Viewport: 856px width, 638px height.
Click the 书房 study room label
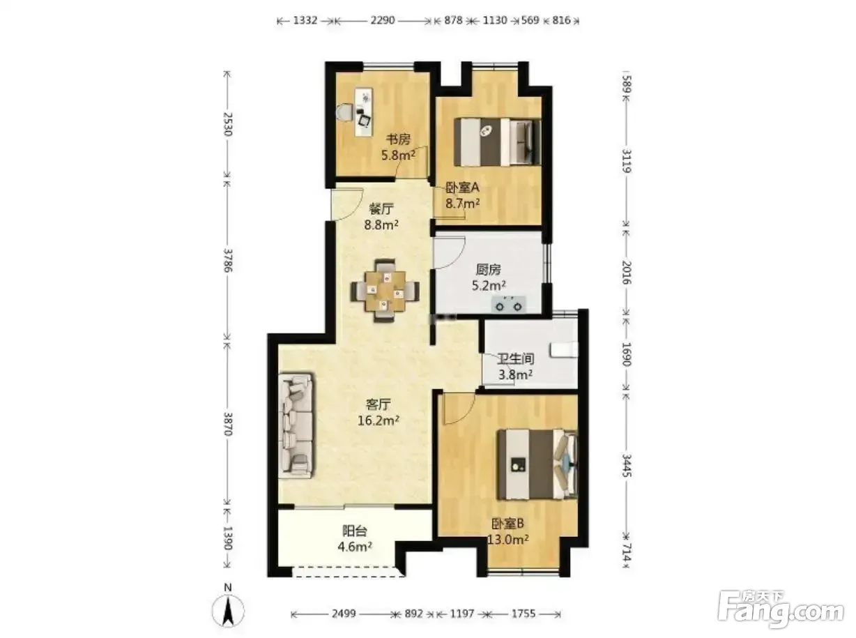click(398, 139)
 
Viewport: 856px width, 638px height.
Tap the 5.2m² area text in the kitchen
click(489, 286)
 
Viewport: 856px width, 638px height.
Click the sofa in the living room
click(296, 425)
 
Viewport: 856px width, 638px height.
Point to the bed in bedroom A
click(497, 142)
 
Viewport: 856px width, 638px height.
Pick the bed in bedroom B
click(537, 464)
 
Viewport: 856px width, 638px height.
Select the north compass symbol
click(228, 610)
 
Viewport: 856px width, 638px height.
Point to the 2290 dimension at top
click(383, 20)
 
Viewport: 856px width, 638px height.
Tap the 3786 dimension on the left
click(229, 260)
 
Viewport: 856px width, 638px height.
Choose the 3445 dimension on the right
click(627, 465)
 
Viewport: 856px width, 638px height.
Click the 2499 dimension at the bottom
click(343, 614)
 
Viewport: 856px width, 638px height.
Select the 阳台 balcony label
click(354, 531)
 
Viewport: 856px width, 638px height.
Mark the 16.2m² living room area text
click(379, 420)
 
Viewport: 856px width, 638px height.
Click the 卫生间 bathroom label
click(515, 359)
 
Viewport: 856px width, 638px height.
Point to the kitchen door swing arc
click(449, 252)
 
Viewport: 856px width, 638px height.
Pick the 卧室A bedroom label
click(462, 188)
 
